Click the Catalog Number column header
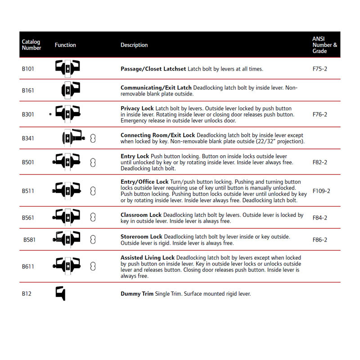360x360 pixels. click(x=31, y=45)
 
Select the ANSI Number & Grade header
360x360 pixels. click(x=324, y=45)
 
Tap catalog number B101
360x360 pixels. click(x=28, y=69)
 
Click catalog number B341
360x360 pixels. click(x=28, y=138)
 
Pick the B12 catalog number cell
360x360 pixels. click(x=27, y=294)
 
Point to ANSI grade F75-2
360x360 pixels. click(x=319, y=69)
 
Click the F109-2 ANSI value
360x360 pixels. click(x=321, y=191)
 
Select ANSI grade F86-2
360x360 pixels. click(x=319, y=240)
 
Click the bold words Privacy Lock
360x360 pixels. click(x=137, y=108)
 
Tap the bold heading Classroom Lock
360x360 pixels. click(x=141, y=215)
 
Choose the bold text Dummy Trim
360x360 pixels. click(x=137, y=294)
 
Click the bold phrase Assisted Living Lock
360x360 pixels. click(x=148, y=258)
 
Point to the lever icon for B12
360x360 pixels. click(x=61, y=293)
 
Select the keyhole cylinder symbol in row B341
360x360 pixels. click(x=93, y=138)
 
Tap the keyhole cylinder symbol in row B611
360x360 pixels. click(x=93, y=266)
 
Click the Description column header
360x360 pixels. click(x=134, y=45)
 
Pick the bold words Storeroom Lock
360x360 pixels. click(x=141, y=237)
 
